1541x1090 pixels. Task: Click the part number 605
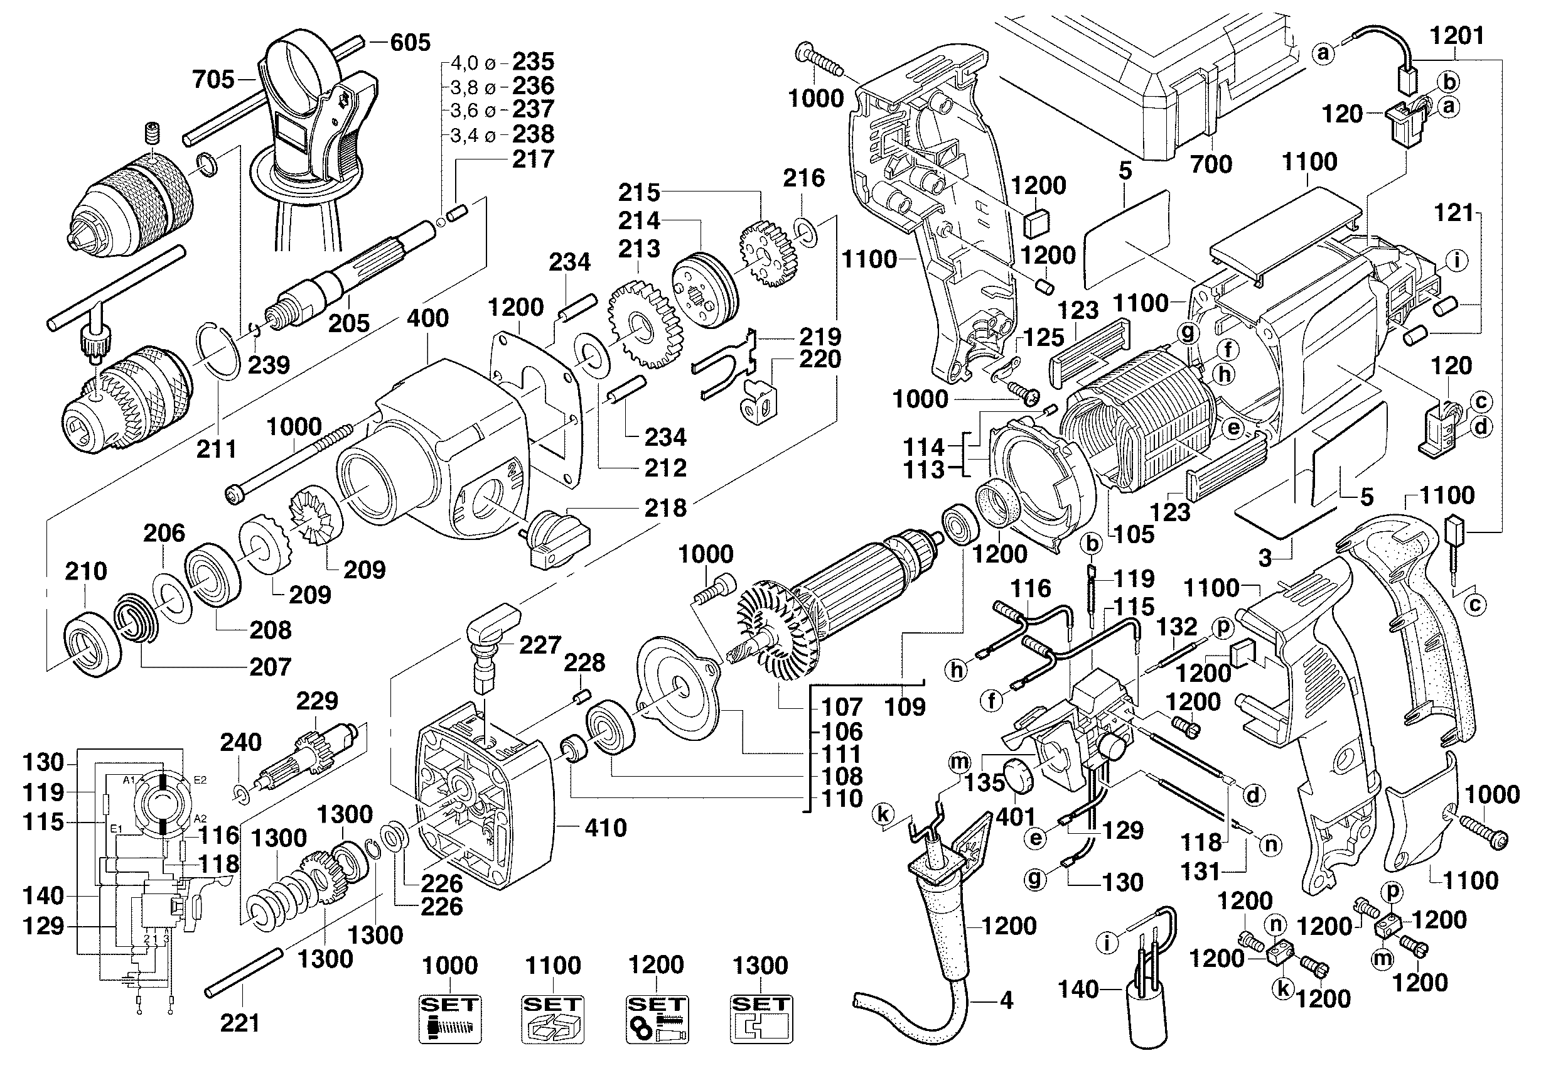[410, 42]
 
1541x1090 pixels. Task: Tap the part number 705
[213, 80]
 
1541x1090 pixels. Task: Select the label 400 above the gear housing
[427, 318]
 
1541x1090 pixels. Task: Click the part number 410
[605, 828]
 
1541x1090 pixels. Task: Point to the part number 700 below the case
[1211, 164]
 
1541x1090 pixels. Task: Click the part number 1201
[1456, 36]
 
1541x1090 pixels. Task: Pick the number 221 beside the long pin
[240, 1023]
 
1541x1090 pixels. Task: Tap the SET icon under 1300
[761, 1019]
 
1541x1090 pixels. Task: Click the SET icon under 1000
[449, 1019]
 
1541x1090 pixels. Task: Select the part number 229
[317, 701]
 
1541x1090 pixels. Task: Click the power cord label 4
[1006, 1001]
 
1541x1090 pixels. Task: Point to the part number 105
[1134, 534]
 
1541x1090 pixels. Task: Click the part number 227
[540, 645]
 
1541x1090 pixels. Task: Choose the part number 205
[349, 323]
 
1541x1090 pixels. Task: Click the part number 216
[803, 178]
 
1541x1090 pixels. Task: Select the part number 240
[240, 742]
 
